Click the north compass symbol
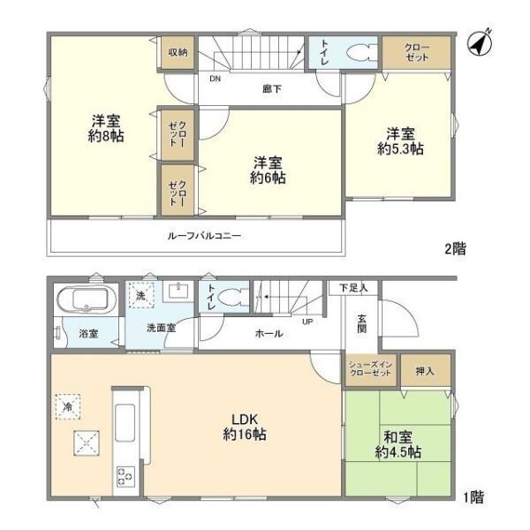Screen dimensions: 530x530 click(x=480, y=43)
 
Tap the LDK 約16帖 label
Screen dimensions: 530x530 click(x=245, y=427)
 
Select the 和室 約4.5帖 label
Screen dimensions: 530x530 click(x=397, y=444)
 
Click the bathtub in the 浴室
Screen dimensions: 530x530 click(x=87, y=299)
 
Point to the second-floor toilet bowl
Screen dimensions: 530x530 click(x=361, y=53)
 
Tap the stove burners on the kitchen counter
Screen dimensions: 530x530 click(x=125, y=477)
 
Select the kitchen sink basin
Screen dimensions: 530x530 click(x=125, y=423)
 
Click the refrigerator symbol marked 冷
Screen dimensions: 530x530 click(x=68, y=407)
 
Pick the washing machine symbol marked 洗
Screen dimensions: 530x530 click(x=141, y=295)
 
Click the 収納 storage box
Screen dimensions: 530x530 click(x=178, y=53)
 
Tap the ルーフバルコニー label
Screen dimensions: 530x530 click(x=205, y=236)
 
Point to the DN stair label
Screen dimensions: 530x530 click(x=215, y=79)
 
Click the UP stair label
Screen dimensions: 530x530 click(x=307, y=322)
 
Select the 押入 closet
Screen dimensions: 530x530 click(x=426, y=370)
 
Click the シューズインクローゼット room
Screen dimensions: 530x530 click(x=371, y=370)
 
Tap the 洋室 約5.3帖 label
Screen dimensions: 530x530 click(x=400, y=141)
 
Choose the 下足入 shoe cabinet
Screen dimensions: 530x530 click(x=353, y=288)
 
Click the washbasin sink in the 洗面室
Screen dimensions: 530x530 click(x=178, y=291)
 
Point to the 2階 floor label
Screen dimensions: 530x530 click(x=455, y=249)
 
